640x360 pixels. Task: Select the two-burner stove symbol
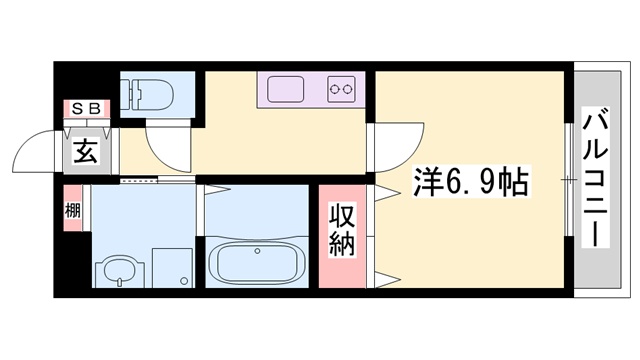(x=340, y=89)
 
